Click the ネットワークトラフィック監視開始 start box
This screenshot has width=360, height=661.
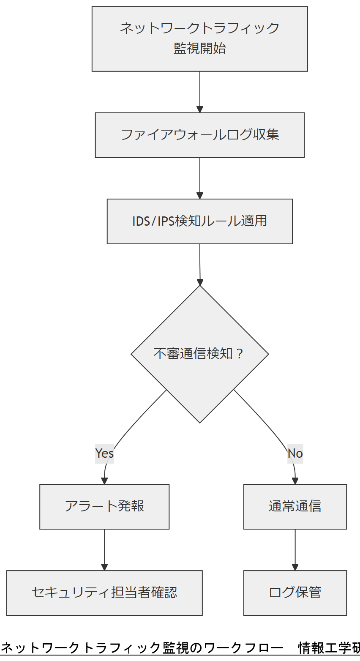(199, 39)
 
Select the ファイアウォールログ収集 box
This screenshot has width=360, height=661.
(199, 135)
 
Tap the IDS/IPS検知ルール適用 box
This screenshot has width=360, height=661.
(199, 221)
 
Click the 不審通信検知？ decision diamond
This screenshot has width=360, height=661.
(199, 354)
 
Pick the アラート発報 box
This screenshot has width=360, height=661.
(104, 506)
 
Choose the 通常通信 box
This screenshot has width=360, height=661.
(295, 506)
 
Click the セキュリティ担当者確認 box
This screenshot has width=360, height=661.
(104, 593)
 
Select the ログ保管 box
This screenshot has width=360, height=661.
(295, 593)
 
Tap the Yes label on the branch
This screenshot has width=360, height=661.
(104, 453)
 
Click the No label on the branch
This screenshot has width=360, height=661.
(295, 453)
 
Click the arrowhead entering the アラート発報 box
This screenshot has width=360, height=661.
(104, 481)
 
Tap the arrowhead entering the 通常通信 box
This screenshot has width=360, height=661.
(295, 481)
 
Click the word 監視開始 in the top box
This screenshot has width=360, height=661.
(199, 49)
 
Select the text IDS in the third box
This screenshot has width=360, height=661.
(141, 221)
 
